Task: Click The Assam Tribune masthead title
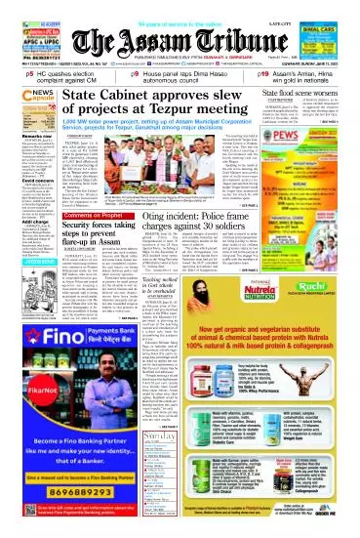point(180,29)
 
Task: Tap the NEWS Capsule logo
point(23,99)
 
